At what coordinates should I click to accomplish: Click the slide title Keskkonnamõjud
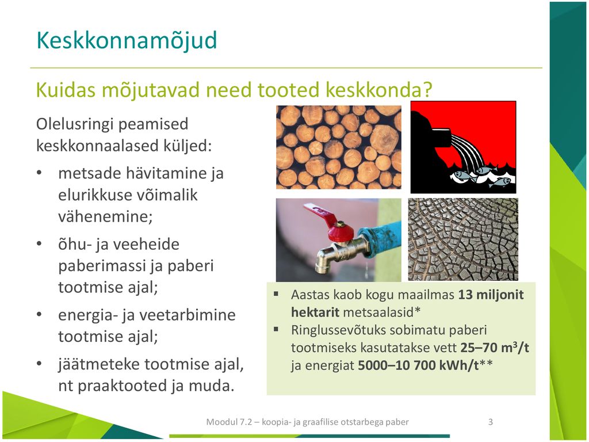point(127,40)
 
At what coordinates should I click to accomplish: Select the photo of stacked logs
point(338,147)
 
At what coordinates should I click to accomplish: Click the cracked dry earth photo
point(463,239)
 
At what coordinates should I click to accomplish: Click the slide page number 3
point(490,422)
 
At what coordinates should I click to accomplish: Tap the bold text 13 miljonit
point(491,294)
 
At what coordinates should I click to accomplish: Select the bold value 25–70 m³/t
point(495,348)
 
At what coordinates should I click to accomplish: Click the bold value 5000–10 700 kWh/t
point(418,365)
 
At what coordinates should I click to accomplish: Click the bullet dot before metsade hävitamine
point(39,173)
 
